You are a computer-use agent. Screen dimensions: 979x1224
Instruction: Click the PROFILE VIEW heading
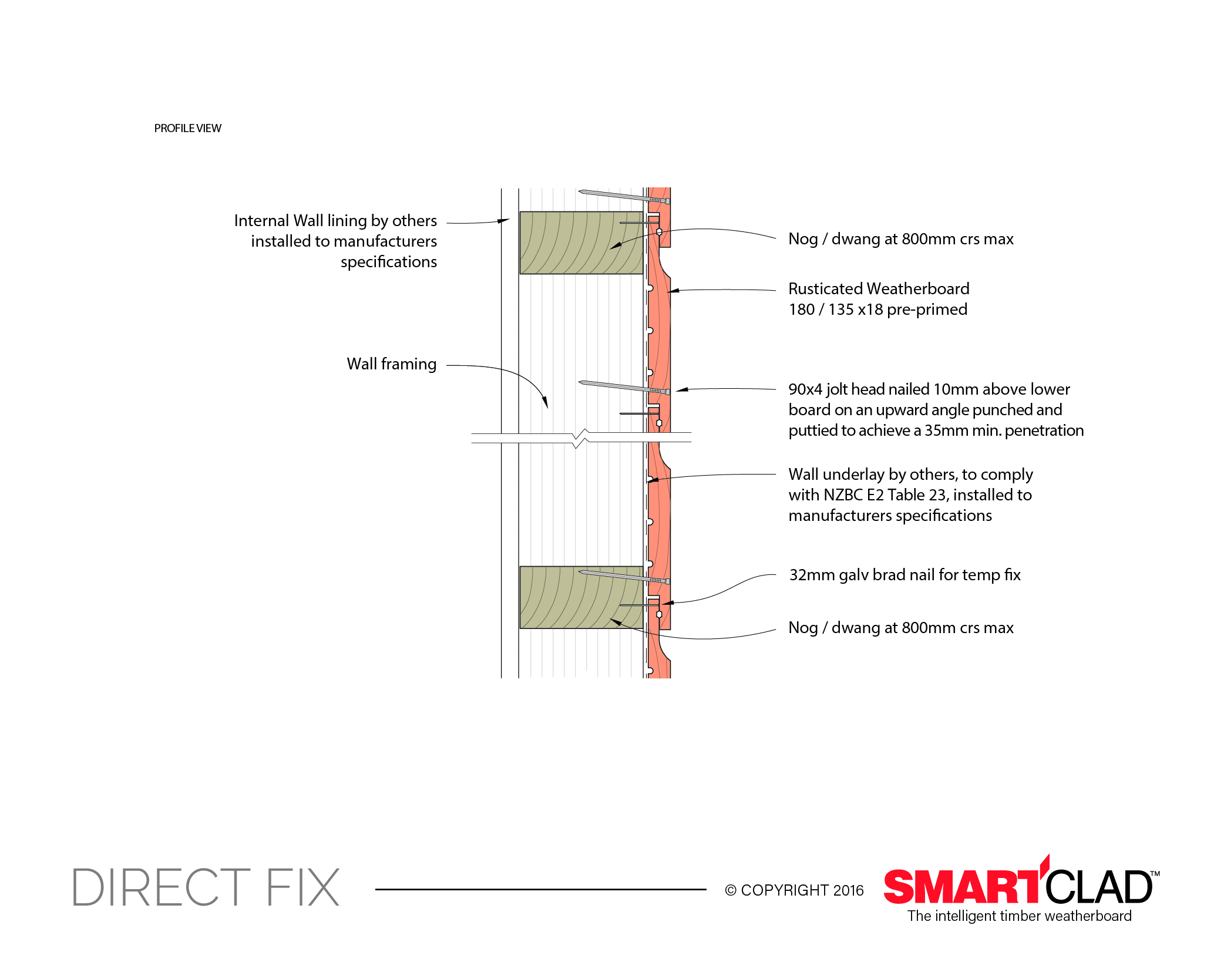point(187,128)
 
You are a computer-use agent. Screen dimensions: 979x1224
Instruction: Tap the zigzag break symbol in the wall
point(580,438)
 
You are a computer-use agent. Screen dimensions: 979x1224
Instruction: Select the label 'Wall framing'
point(391,364)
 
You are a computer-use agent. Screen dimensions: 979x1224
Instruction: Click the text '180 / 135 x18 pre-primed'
point(877,309)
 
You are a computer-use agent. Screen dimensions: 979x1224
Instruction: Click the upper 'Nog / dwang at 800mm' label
point(900,239)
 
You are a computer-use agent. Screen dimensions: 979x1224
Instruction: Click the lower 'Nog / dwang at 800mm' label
point(900,628)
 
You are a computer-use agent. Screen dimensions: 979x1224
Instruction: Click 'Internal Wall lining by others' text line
point(335,221)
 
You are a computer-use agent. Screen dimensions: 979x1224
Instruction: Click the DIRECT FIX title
point(206,887)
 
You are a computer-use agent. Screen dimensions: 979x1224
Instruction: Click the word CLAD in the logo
point(1098,887)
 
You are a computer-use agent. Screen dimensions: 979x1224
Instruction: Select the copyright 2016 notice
point(794,890)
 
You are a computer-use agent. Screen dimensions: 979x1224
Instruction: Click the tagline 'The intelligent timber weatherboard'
point(1019,916)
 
